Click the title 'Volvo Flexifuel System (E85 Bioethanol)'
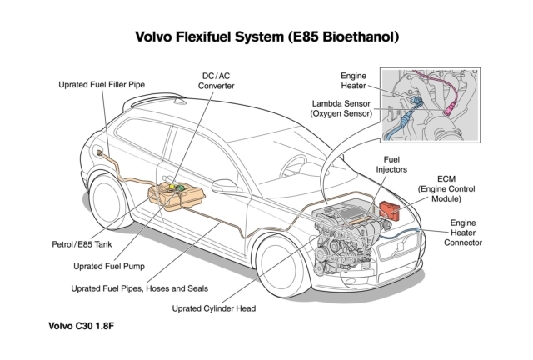tap(266, 37)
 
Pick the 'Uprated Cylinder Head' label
tap(214, 307)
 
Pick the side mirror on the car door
tap(224, 185)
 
